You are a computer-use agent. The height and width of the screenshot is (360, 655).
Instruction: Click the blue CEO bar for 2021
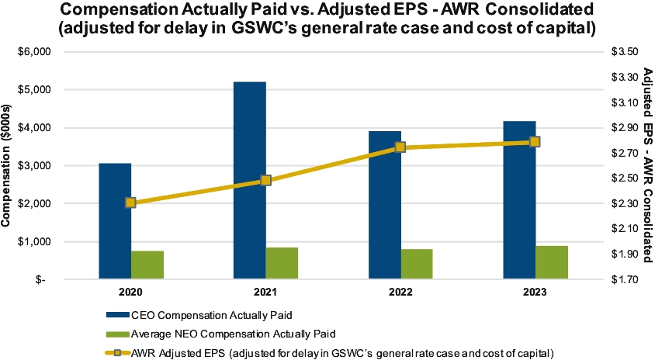pyautogui.click(x=250, y=180)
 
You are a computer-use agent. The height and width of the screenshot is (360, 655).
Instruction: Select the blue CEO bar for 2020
pyautogui.click(x=115, y=221)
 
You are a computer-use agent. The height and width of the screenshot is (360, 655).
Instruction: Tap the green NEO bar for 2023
pyautogui.click(x=552, y=262)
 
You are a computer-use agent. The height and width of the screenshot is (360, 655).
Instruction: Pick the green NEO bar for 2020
pyautogui.click(x=147, y=265)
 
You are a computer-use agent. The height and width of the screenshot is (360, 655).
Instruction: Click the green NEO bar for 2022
pyautogui.click(x=417, y=264)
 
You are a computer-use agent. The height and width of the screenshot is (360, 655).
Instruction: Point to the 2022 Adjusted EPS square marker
pyautogui.click(x=400, y=147)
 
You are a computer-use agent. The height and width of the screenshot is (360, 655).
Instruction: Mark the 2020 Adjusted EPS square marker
pyautogui.click(x=130, y=203)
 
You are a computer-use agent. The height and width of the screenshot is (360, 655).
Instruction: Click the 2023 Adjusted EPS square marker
pyautogui.click(x=535, y=142)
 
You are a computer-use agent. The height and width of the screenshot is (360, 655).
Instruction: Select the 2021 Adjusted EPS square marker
pyautogui.click(x=265, y=181)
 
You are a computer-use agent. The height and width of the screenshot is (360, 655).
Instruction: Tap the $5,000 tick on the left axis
pyautogui.click(x=35, y=90)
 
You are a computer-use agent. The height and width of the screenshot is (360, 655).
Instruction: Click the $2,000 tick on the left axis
pyautogui.click(x=35, y=204)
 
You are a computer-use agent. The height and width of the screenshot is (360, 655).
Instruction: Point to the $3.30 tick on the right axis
pyautogui.click(x=625, y=78)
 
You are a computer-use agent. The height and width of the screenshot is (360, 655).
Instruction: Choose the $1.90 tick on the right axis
pyautogui.click(x=625, y=254)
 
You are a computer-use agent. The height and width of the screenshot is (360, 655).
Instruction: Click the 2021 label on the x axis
pyautogui.click(x=265, y=292)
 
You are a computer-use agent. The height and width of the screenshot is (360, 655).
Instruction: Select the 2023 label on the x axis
pyautogui.click(x=535, y=292)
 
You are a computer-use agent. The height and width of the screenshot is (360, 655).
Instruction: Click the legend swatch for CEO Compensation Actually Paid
pyautogui.click(x=118, y=315)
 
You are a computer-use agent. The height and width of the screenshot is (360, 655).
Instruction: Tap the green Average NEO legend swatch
pyautogui.click(x=118, y=334)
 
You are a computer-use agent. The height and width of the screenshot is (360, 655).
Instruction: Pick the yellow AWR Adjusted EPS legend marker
pyautogui.click(x=118, y=353)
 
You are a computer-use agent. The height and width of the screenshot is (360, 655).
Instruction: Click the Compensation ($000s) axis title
pyautogui.click(x=5, y=166)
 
